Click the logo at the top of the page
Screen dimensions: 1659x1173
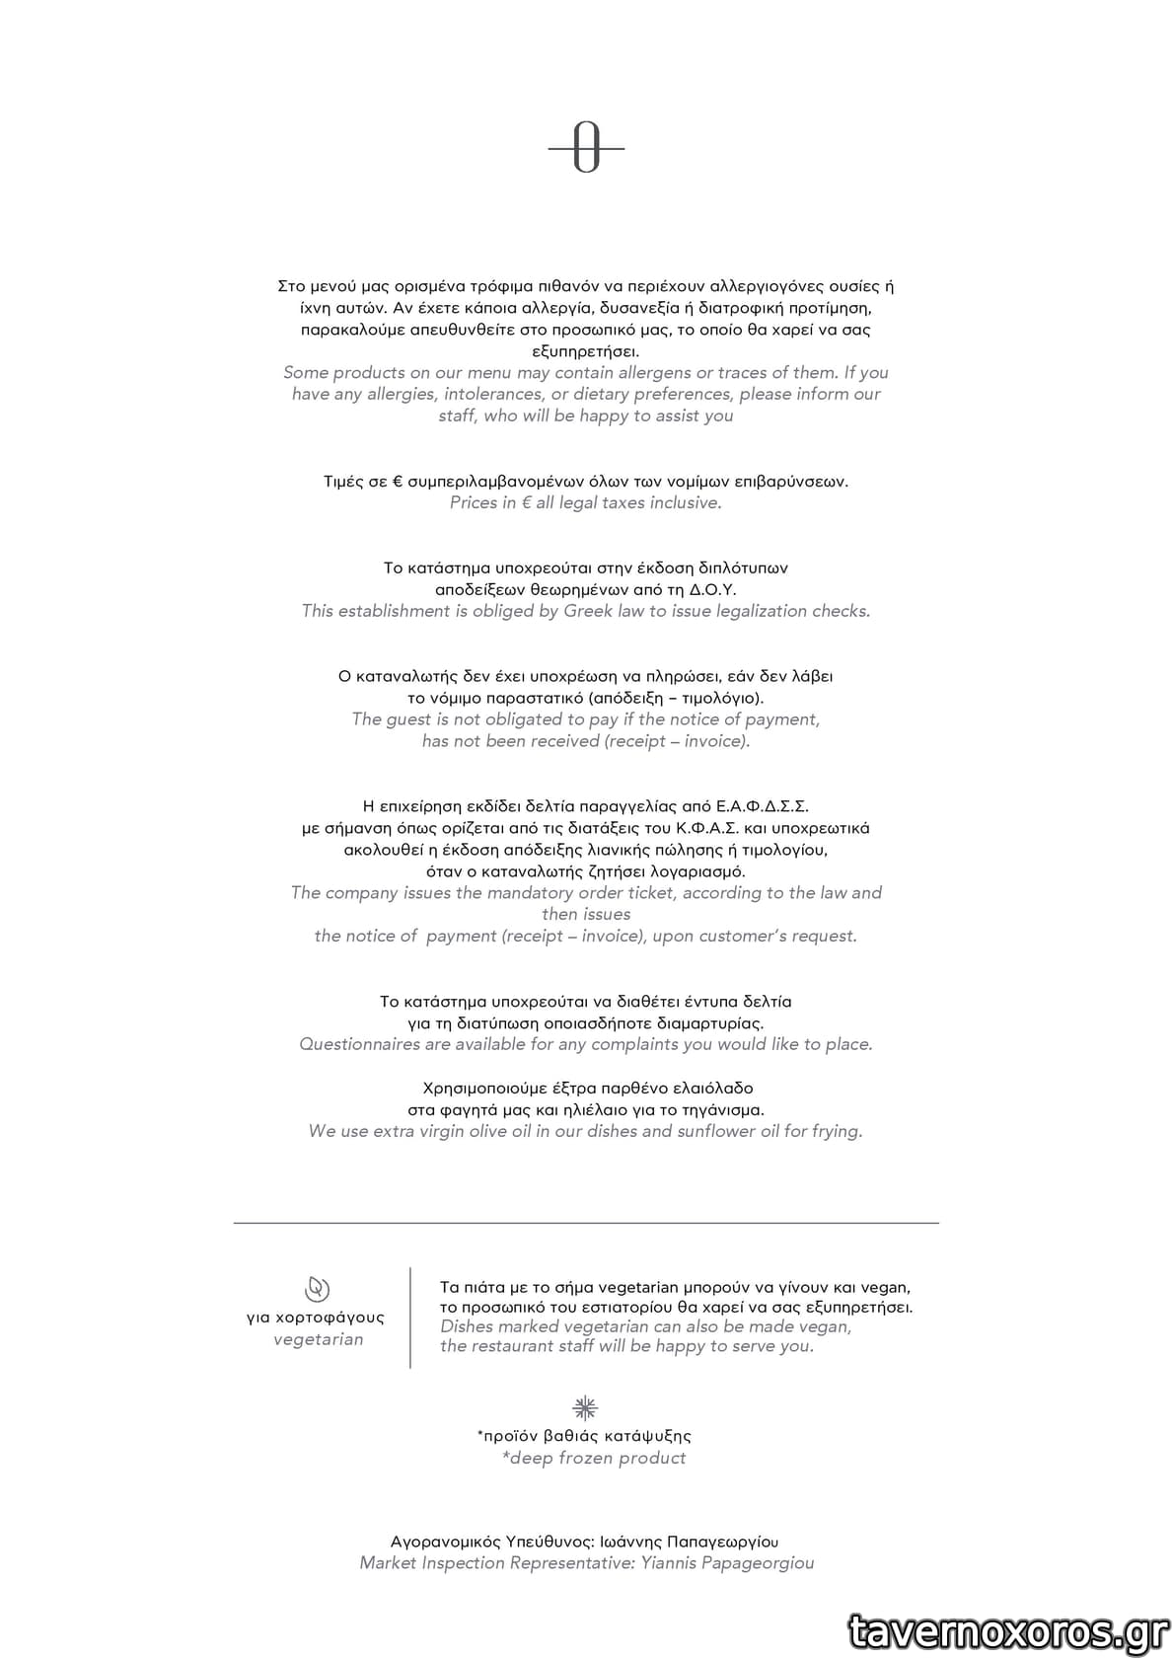point(586,149)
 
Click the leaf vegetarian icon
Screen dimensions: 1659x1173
point(317,1289)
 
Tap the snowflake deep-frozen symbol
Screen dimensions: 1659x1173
point(586,1407)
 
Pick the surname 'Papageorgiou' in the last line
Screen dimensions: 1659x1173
point(758,1562)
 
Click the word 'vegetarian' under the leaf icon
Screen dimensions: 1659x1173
point(318,1339)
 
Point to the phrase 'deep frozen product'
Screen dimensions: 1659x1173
point(597,1458)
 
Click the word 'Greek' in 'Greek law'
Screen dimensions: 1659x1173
point(588,611)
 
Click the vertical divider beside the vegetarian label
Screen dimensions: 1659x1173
point(410,1318)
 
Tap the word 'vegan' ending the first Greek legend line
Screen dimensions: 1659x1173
point(885,1287)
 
